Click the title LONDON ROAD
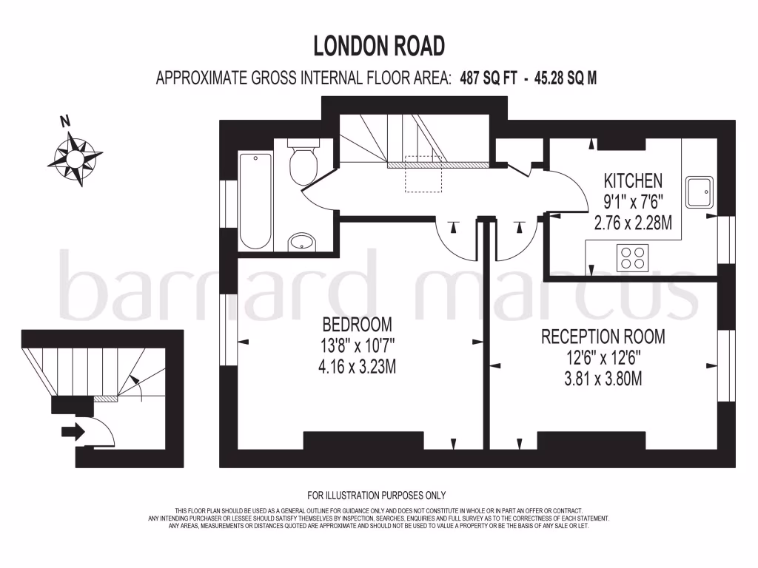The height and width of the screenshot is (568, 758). [379, 46]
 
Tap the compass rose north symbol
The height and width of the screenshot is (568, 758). [75, 157]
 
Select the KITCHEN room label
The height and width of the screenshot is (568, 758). [633, 180]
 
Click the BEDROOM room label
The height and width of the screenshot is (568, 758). [357, 324]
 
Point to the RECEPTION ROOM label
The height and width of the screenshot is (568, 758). [603, 337]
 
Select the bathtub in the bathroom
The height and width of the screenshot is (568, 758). [255, 200]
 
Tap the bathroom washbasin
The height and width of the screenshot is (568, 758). [301, 241]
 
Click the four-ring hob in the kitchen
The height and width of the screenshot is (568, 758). [632, 258]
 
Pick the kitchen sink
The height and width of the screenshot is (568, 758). [700, 192]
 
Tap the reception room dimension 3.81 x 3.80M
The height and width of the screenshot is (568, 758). [603, 379]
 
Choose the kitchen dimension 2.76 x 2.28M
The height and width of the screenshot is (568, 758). [633, 222]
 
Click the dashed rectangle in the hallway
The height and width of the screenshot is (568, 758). [423, 174]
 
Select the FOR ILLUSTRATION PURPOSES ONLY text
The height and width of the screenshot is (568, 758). [377, 496]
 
